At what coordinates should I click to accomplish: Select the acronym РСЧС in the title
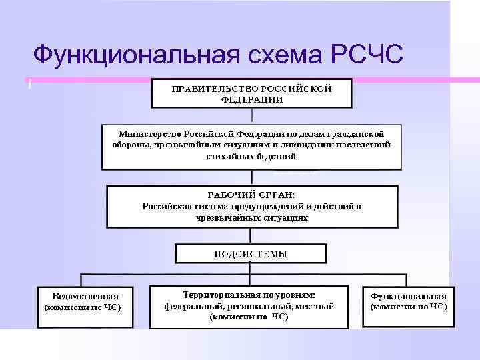point(366,55)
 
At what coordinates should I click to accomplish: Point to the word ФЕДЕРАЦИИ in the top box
point(251,99)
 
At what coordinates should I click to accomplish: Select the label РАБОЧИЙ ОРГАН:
point(251,195)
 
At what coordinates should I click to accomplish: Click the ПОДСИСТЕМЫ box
point(251,253)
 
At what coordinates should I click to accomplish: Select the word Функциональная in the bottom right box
point(409,296)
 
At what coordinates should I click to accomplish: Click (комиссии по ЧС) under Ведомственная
point(82,308)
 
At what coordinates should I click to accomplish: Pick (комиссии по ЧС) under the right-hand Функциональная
point(409,307)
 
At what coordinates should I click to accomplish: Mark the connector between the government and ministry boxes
point(251,115)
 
